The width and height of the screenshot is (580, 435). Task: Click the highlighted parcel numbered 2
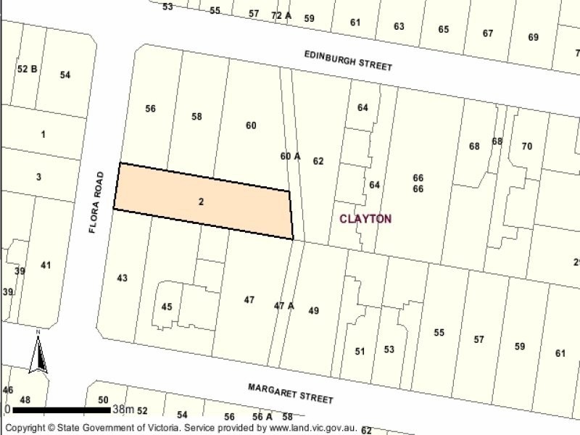[x=201, y=202]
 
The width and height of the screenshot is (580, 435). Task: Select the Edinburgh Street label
[x=348, y=59]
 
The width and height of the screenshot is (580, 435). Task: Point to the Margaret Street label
[x=290, y=394]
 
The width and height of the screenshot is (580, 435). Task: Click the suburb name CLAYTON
[x=365, y=218]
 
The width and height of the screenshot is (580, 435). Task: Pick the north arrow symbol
[x=38, y=353]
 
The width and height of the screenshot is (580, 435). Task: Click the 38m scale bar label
[x=124, y=410]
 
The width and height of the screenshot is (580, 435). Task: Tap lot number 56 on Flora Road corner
[x=150, y=109]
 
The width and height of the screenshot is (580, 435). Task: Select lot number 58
[x=196, y=116]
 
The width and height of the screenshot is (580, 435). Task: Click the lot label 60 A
[x=290, y=155]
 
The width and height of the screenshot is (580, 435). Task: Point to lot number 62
[x=318, y=161]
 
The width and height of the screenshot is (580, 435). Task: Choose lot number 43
[x=122, y=278]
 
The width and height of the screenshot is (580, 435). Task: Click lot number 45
[x=167, y=307]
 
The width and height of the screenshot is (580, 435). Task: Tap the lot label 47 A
[x=283, y=305]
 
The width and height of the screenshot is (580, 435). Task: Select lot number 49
[x=313, y=310]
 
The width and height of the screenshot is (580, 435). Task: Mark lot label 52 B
[x=27, y=69]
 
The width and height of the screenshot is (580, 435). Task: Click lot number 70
[x=526, y=146]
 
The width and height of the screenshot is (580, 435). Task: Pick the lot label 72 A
[x=280, y=14]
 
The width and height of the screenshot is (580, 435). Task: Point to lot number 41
[x=46, y=265]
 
